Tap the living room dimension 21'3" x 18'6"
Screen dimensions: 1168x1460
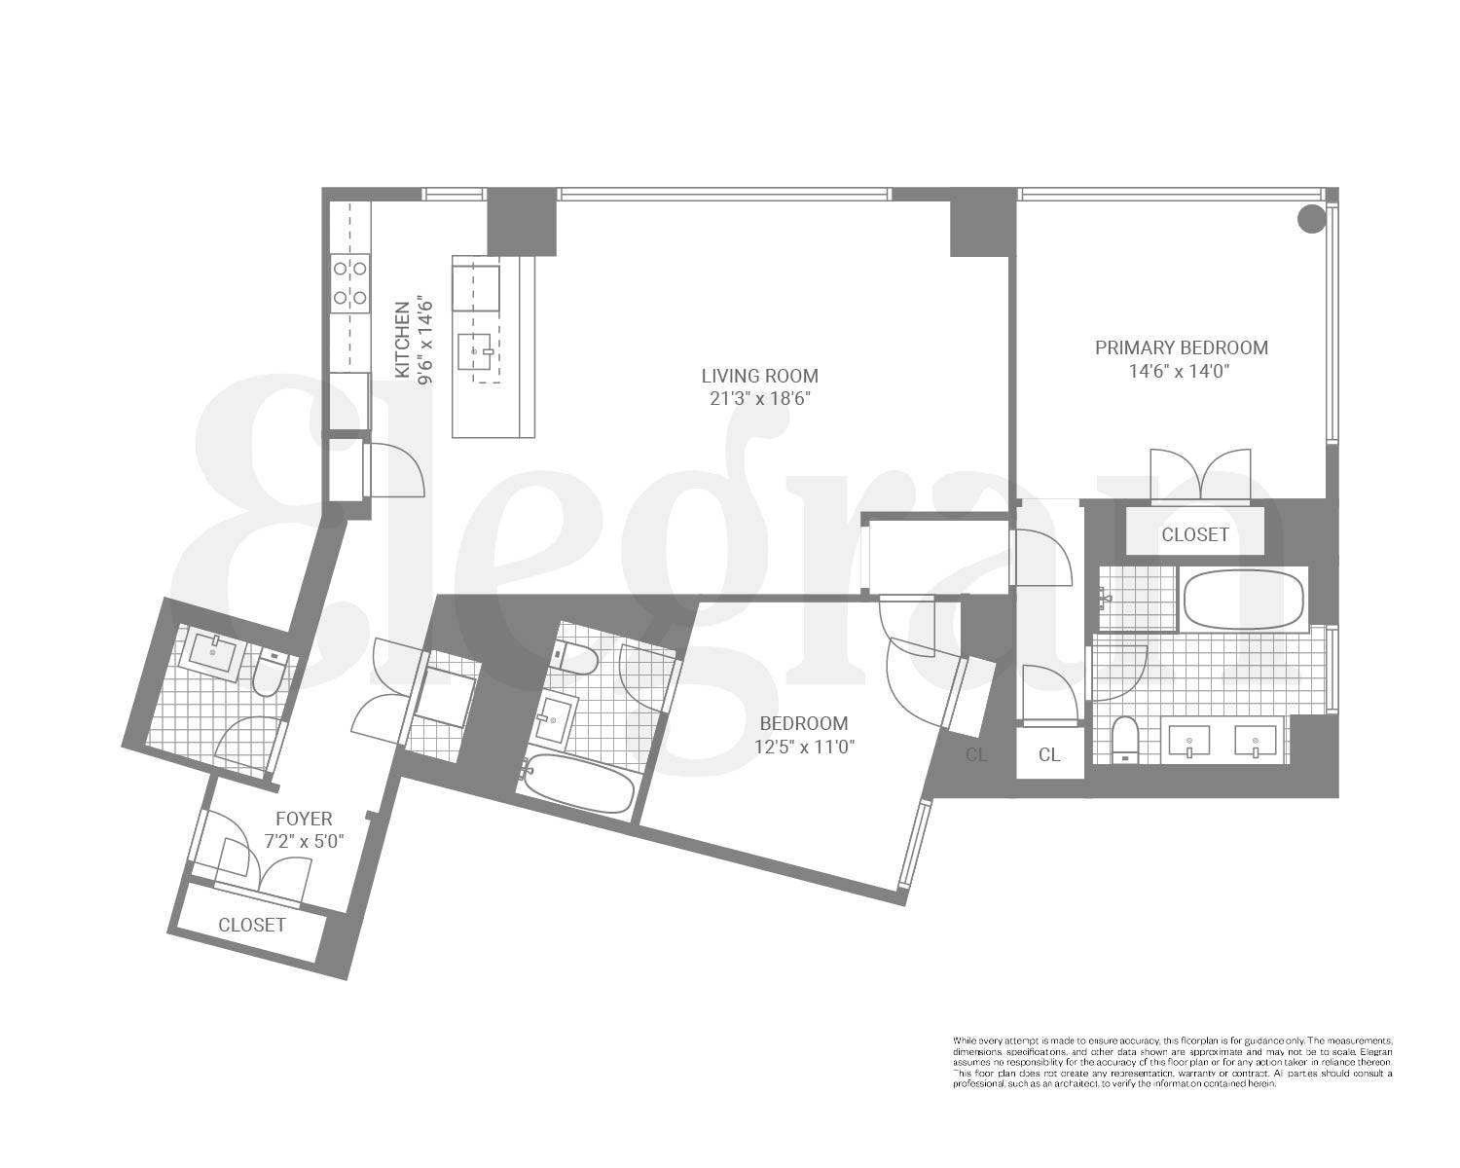[x=760, y=399]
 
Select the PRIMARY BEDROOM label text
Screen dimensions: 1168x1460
[x=1182, y=347]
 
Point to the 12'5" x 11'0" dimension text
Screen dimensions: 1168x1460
[x=804, y=747]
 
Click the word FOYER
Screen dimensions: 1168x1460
[x=303, y=819]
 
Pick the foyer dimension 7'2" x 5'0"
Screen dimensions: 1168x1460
[x=305, y=841]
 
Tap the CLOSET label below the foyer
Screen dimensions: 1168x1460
[x=252, y=925]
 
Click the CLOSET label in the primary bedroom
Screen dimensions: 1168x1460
[x=1194, y=534]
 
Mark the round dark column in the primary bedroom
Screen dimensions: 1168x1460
[x=1312, y=219]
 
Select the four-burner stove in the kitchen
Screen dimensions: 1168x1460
[x=349, y=281]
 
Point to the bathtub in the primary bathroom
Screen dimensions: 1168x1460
[x=1243, y=600]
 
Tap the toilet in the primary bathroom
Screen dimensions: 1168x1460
[x=1124, y=740]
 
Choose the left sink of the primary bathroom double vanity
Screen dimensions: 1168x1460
[x=1188, y=743]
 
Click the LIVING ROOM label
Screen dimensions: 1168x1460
[x=760, y=376]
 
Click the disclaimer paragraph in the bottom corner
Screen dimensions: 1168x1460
[x=1172, y=1062]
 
